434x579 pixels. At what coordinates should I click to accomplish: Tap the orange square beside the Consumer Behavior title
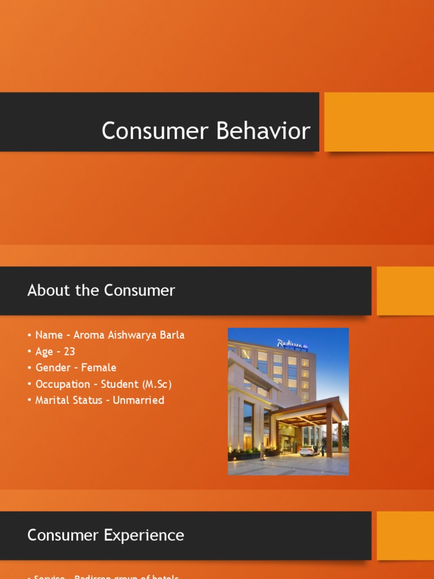pos(379,122)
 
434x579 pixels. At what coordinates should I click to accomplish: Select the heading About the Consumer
pos(101,291)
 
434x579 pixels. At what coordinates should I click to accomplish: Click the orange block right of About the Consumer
pos(405,291)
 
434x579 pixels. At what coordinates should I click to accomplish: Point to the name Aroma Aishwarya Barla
pos(129,335)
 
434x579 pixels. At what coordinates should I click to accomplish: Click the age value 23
pos(70,351)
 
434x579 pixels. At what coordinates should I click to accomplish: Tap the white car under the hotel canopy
pos(309,450)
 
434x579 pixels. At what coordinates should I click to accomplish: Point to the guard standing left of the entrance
pos(263,451)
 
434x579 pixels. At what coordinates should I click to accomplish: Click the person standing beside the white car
pos(323,449)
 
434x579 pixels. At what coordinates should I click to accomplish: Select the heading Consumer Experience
pos(106,535)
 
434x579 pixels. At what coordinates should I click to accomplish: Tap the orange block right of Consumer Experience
pos(405,535)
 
